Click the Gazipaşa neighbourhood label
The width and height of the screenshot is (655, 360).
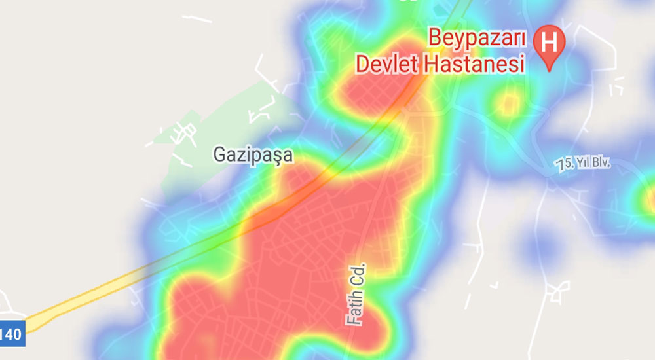(x=253, y=155)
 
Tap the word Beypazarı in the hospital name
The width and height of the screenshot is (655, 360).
(x=477, y=38)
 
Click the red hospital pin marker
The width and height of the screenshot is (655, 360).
(x=550, y=46)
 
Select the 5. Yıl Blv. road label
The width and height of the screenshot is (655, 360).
(x=583, y=163)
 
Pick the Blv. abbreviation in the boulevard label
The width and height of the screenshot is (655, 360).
(x=598, y=162)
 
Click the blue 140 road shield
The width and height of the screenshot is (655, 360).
(x=12, y=334)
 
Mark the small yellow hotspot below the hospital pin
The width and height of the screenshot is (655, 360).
(x=507, y=102)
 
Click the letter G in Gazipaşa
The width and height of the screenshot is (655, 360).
(x=219, y=154)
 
